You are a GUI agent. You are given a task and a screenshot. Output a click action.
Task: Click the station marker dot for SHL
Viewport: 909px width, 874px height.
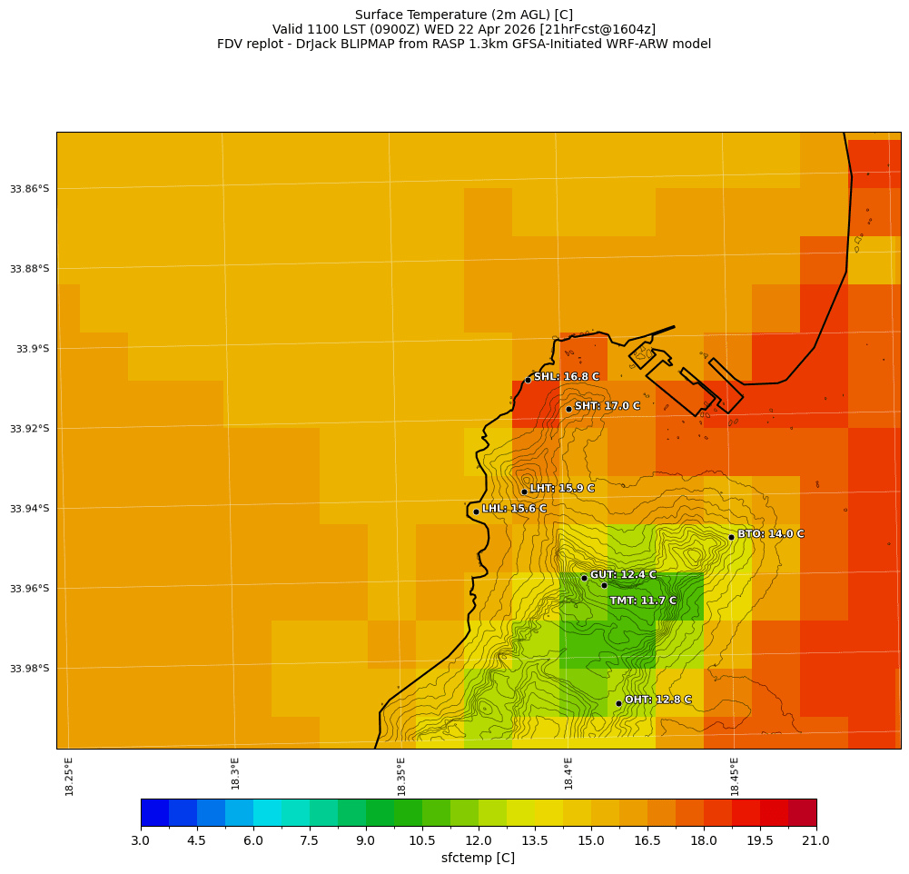click(528, 380)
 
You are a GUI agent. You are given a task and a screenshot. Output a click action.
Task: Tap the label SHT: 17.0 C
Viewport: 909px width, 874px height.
click(607, 406)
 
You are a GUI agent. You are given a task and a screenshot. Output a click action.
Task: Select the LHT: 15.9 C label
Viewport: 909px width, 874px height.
click(562, 489)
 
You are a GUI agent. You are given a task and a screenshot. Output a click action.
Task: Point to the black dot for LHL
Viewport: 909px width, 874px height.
click(476, 511)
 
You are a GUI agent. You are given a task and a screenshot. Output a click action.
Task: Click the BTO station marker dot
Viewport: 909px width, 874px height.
click(731, 537)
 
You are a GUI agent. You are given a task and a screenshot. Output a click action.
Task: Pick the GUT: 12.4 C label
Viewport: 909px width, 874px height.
click(623, 575)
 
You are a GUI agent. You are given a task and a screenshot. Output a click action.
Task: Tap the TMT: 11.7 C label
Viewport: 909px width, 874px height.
click(643, 601)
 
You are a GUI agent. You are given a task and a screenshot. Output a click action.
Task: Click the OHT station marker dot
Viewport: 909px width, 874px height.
click(618, 703)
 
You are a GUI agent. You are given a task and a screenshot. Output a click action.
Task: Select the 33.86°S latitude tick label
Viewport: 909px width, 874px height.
click(29, 189)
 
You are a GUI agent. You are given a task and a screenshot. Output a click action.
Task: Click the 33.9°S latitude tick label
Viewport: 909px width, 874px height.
click(33, 349)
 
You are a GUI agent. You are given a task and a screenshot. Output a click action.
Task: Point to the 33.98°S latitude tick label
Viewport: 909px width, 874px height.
click(29, 669)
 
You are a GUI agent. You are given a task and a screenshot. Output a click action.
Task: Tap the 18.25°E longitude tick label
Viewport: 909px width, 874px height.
click(70, 776)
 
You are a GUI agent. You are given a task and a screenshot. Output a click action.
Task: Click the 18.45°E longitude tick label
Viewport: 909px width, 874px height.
click(735, 776)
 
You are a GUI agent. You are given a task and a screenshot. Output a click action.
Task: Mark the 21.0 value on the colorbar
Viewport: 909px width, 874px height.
click(816, 840)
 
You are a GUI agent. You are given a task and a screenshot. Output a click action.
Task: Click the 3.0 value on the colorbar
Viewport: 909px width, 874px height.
click(141, 840)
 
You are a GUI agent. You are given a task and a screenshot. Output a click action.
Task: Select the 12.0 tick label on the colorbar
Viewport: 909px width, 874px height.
click(479, 840)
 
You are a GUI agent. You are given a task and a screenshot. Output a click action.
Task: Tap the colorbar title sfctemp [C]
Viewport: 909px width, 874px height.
click(478, 858)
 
